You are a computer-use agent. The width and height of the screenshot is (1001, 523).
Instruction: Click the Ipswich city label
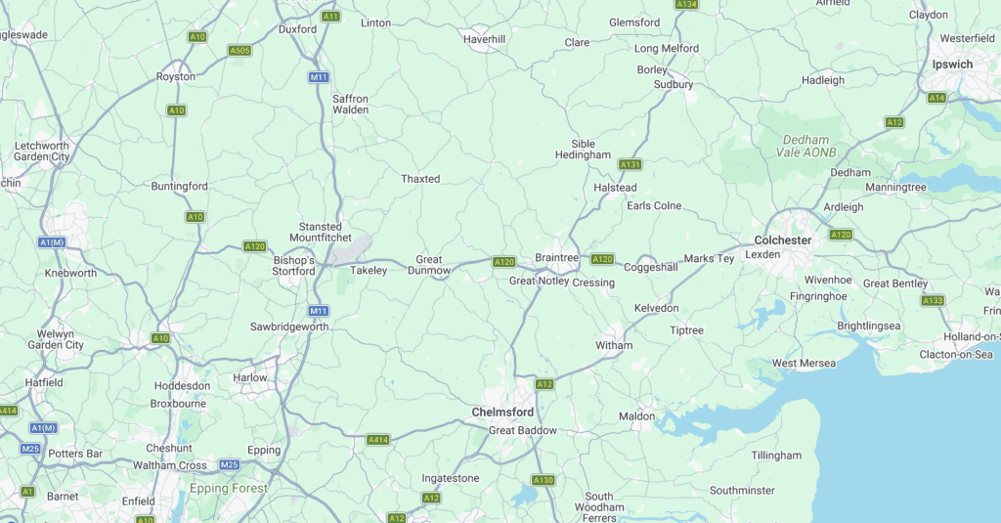point(951,65)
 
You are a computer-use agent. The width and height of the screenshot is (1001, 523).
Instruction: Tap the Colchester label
point(783,240)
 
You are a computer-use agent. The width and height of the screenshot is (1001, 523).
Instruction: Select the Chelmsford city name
point(502,413)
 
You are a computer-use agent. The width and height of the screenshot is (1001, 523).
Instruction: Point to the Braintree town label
point(557,258)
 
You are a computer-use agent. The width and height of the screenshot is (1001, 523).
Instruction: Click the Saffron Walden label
point(351,105)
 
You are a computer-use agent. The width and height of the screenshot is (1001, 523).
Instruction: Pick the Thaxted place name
point(420,179)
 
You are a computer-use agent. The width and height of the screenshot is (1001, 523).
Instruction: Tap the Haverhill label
point(484,39)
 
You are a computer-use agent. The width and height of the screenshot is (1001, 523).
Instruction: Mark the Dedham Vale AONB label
point(803,147)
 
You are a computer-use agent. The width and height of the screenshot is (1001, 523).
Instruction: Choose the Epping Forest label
point(229,488)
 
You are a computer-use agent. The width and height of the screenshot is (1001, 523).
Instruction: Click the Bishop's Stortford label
point(293,266)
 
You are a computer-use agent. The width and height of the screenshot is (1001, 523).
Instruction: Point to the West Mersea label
point(804,364)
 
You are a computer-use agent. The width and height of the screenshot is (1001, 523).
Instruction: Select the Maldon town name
point(637,416)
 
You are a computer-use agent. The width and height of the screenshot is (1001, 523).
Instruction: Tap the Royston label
point(176,76)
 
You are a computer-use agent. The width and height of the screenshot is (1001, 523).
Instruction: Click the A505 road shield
point(239,50)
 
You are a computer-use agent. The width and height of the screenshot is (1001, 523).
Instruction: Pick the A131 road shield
point(631,164)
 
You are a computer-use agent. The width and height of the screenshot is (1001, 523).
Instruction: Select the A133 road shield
point(933,300)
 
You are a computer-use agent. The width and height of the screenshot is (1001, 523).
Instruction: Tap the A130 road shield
point(544,480)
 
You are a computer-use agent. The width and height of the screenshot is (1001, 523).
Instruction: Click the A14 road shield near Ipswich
point(936,98)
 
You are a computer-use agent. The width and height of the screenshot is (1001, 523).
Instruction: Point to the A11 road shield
point(330,17)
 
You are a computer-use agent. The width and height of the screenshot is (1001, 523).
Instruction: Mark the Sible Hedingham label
point(583,150)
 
